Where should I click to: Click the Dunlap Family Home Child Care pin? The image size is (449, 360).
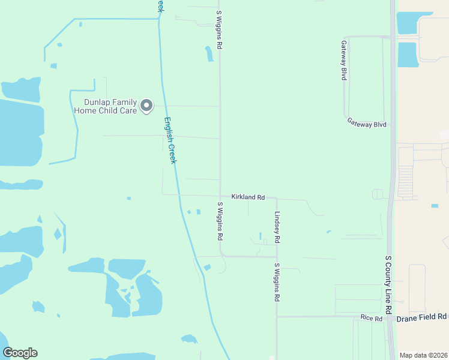click(x=146, y=106)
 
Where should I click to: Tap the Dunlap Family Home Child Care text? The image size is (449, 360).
click(x=106, y=106)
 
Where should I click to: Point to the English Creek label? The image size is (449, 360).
click(x=171, y=141)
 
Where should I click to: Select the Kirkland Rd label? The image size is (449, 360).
click(x=248, y=197)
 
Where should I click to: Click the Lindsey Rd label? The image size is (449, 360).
click(x=277, y=227)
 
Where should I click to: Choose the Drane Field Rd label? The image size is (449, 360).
click(x=421, y=316)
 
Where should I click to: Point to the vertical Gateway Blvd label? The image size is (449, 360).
click(x=344, y=61)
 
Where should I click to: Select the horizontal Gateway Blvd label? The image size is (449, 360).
click(x=366, y=122)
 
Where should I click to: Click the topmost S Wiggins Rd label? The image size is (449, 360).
click(x=220, y=29)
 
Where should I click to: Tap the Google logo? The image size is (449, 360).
click(x=20, y=353)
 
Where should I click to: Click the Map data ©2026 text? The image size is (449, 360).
click(x=424, y=355)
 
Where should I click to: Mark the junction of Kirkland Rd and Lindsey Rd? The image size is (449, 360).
click(x=276, y=198)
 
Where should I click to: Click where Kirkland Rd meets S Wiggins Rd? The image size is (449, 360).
click(x=220, y=196)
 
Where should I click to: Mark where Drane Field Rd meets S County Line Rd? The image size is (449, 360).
click(x=394, y=316)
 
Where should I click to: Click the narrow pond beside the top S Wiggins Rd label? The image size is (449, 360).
click(x=209, y=54)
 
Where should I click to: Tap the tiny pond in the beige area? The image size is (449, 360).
click(x=435, y=206)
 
